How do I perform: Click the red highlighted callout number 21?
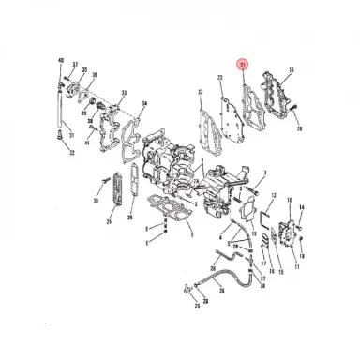[243, 66]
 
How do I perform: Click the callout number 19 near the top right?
[291, 70]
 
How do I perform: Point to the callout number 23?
[200, 91]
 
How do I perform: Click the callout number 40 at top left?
[62, 60]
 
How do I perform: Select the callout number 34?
[142, 103]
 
